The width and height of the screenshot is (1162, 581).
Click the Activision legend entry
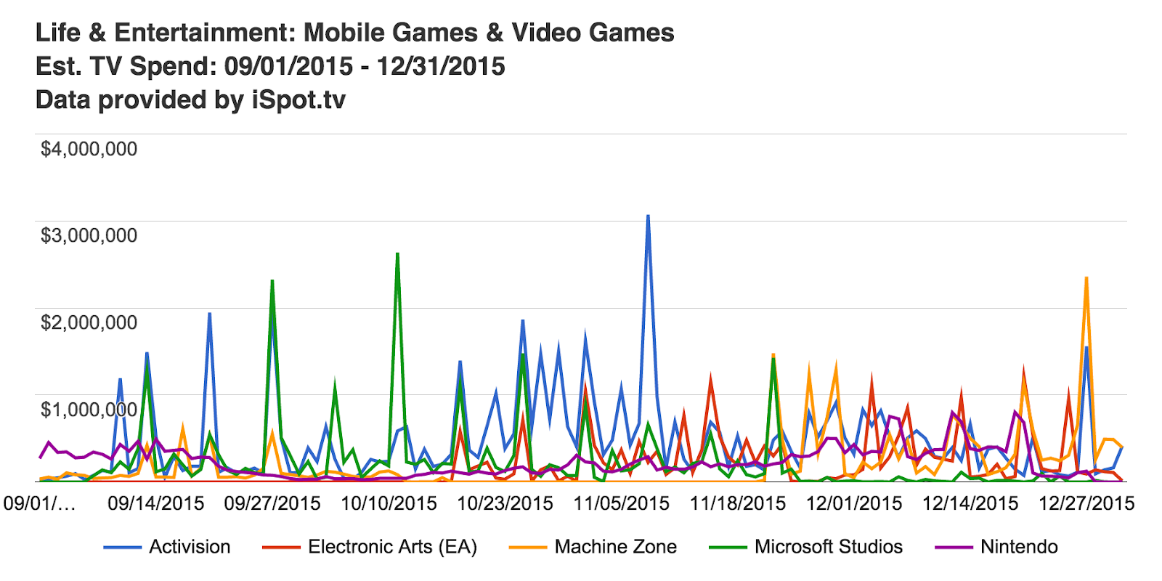[x=189, y=547]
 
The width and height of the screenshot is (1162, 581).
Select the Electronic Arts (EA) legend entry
[x=392, y=547]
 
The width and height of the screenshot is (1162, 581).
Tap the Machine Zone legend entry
[x=615, y=547]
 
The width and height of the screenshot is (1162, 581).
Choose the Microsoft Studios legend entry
[x=828, y=547]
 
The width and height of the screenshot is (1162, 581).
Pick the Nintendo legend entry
[x=1019, y=547]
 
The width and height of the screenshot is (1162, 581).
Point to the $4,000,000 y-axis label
[x=89, y=149]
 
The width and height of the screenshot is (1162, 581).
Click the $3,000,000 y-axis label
[x=89, y=235]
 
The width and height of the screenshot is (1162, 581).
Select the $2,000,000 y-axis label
[x=89, y=322]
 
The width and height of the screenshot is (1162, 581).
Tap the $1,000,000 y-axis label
[x=89, y=410]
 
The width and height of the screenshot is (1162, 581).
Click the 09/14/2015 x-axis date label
[x=156, y=503]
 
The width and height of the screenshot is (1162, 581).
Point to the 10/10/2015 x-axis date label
[x=389, y=503]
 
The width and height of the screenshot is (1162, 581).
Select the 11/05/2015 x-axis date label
[x=622, y=503]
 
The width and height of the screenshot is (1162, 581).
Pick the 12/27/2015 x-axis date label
[x=1086, y=503]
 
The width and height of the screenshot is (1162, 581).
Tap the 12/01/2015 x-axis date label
[x=854, y=503]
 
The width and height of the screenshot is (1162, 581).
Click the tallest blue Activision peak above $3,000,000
[x=648, y=216]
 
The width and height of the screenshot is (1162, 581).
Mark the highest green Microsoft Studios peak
[x=397, y=254]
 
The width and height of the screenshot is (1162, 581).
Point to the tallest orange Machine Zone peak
[x=1086, y=278]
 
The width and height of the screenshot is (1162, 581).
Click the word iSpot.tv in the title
[x=298, y=99]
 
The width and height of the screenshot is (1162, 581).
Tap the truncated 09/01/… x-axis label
[x=39, y=503]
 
